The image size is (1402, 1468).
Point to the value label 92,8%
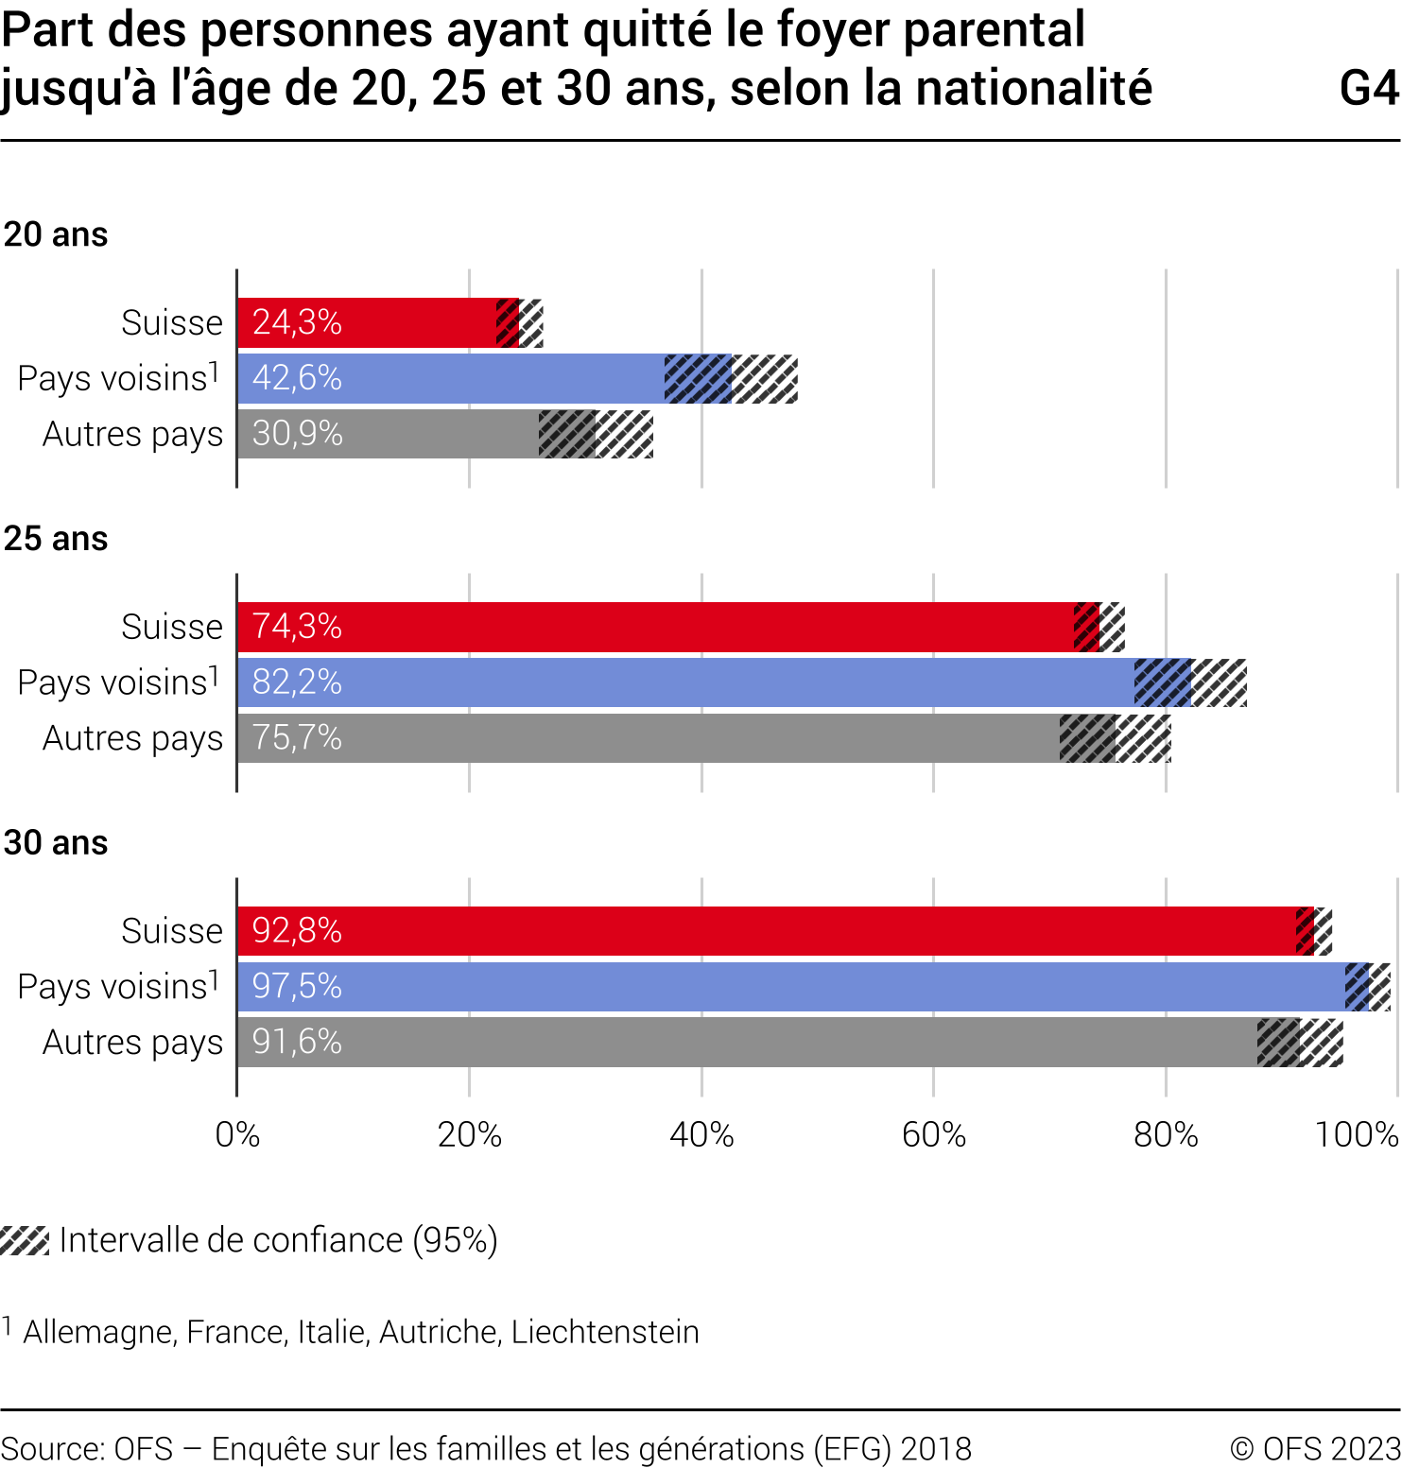tap(297, 931)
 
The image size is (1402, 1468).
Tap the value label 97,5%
tap(297, 987)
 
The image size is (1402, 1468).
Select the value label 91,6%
tap(297, 1042)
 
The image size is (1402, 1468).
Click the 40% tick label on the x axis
tap(701, 1134)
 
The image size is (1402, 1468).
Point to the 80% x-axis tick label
tap(1166, 1134)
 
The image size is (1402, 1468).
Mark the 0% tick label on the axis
tap(237, 1134)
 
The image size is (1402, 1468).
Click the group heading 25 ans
tap(56, 539)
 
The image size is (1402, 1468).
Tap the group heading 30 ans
tap(56, 843)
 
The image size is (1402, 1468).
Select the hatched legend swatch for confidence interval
tap(25, 1240)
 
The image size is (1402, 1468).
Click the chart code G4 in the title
tap(1369, 89)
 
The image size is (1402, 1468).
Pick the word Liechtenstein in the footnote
tap(605, 1332)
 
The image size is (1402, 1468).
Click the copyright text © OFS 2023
tap(1315, 1449)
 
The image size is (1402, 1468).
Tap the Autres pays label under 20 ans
tap(132, 434)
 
